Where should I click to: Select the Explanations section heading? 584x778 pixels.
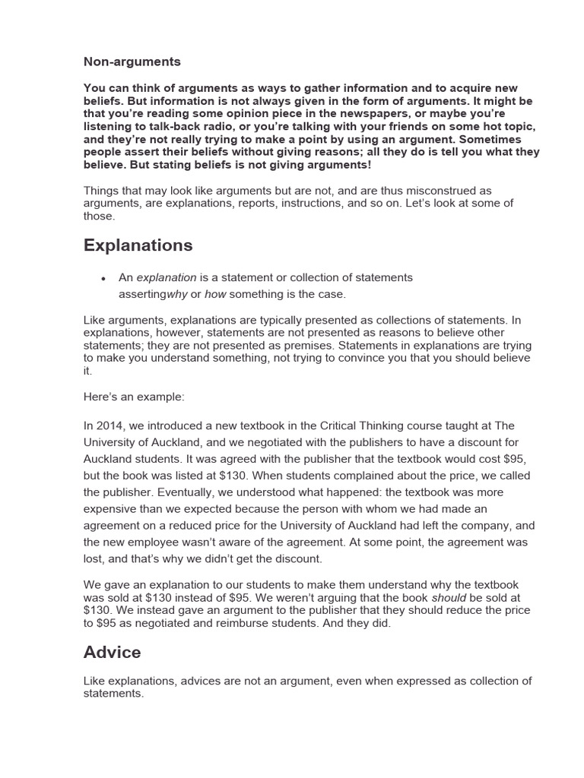click(138, 245)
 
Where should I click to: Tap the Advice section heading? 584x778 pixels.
click(112, 653)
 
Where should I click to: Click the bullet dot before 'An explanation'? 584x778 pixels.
click(103, 278)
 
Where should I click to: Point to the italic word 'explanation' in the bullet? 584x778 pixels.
click(167, 277)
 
